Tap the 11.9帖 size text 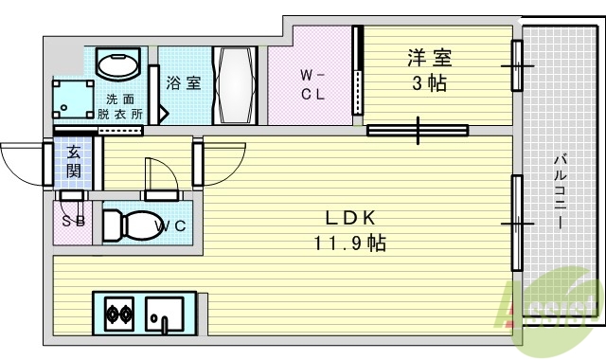[x=349, y=243]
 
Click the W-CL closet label [x=313, y=83]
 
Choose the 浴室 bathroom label [x=183, y=81]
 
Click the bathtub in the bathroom [x=234, y=83]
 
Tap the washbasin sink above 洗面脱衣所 [x=119, y=66]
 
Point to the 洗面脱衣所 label [x=119, y=106]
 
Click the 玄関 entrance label [x=73, y=162]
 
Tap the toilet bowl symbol [x=124, y=225]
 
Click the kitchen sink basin [x=165, y=312]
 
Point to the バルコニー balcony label [x=559, y=195]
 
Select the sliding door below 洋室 [x=417, y=130]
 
